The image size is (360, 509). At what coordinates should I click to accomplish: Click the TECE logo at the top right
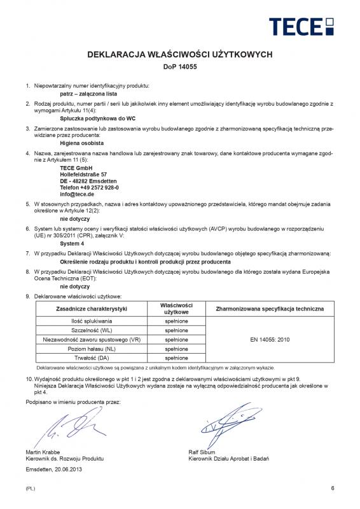[x=301, y=27]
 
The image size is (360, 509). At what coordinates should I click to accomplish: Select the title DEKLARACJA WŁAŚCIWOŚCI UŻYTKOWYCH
[x=180, y=55]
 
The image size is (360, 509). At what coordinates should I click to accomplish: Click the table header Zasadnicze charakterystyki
[x=92, y=309]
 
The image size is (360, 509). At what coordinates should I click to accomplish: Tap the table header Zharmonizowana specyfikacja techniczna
[x=270, y=309]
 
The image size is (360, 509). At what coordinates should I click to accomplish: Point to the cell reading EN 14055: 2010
[x=270, y=340]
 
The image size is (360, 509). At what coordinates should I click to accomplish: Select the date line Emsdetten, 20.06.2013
[x=54, y=470]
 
